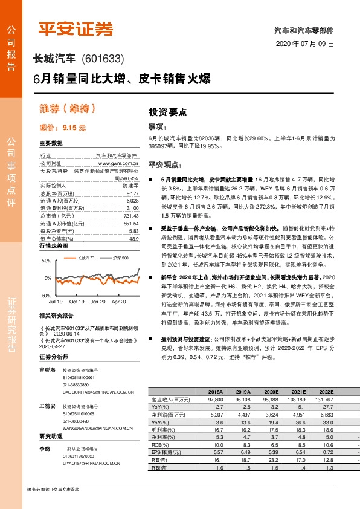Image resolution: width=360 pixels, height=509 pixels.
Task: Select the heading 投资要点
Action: tap(167, 112)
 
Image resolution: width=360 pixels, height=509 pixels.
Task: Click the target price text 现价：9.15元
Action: tap(62, 128)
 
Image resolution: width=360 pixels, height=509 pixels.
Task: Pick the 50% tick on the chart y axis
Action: tap(46, 261)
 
